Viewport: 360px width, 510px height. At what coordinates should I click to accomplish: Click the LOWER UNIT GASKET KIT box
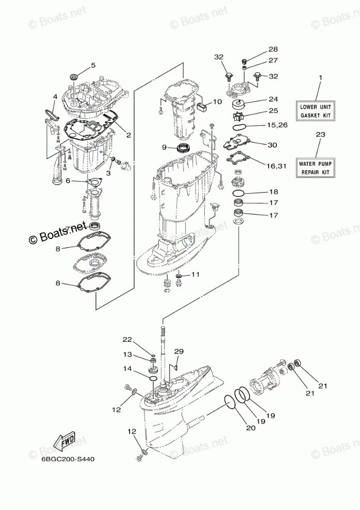315,111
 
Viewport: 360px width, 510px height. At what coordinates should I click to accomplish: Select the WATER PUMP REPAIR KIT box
315,168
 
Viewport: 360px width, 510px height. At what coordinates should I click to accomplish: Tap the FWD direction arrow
64,441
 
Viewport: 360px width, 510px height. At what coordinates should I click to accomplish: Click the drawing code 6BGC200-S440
68,459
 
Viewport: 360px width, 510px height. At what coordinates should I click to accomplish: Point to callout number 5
93,66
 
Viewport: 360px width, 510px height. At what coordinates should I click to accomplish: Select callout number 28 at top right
273,49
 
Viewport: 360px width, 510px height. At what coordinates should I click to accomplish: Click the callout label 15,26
277,125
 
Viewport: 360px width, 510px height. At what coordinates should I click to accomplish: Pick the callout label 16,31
276,166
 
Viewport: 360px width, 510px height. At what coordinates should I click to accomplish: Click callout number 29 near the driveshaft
178,352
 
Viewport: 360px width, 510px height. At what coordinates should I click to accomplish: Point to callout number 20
251,428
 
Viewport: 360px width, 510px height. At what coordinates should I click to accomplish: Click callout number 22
127,340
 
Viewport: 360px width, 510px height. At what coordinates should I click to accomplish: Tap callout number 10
217,102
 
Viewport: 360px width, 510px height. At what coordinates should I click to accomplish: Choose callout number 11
195,275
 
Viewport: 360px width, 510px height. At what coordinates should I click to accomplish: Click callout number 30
272,145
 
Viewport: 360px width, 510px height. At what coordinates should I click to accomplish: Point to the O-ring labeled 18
239,194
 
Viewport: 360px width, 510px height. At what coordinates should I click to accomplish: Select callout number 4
55,97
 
